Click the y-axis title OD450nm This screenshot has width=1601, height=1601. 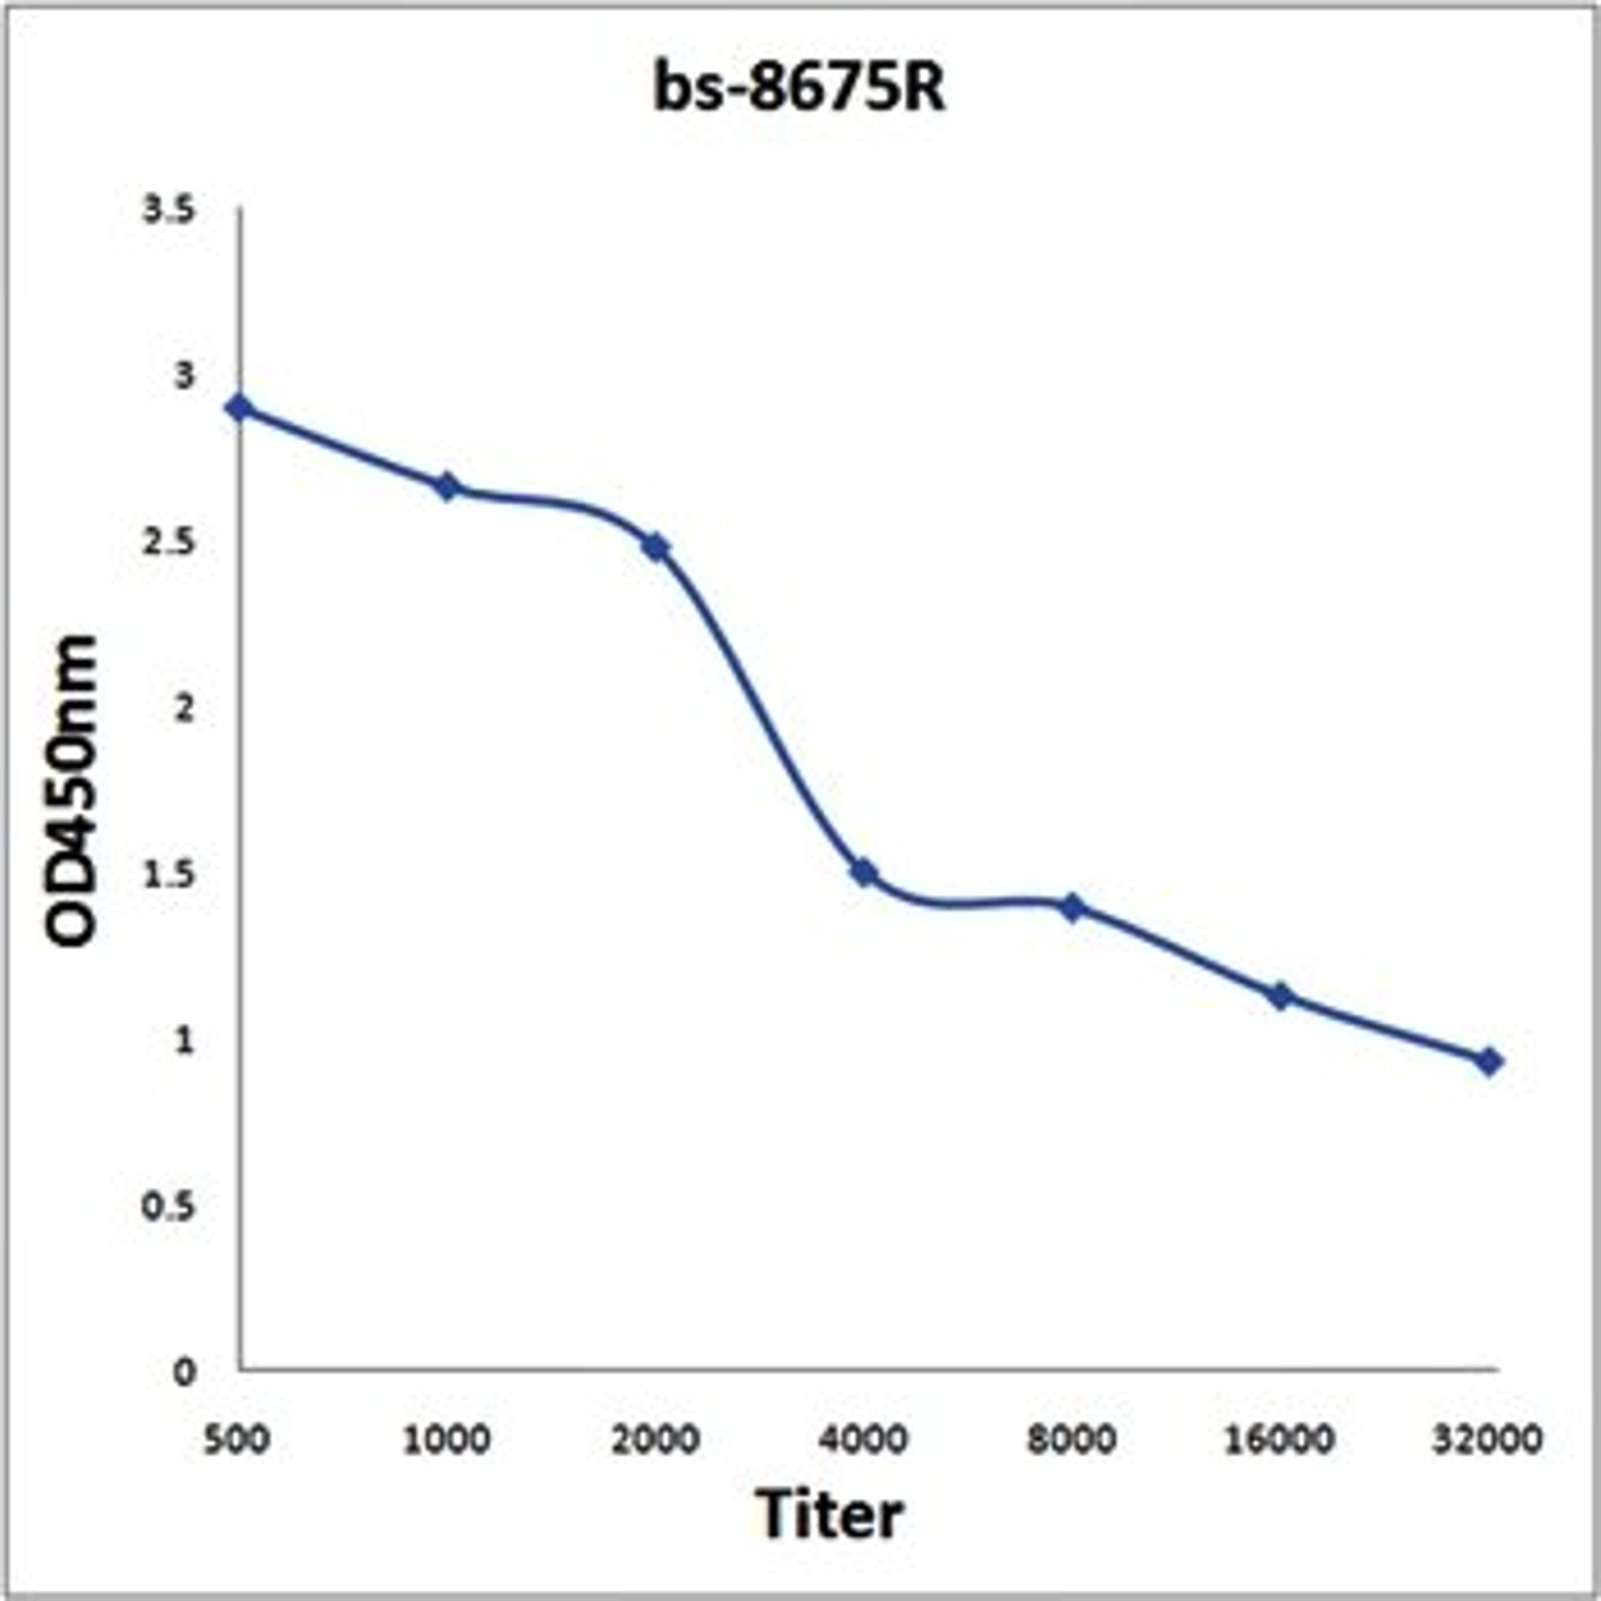pyautogui.click(x=73, y=791)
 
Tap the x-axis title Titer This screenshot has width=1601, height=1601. pyautogui.click(x=829, y=1513)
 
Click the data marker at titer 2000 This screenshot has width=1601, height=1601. pyautogui.click(x=656, y=547)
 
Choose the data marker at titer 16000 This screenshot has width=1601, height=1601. pyautogui.click(x=1281, y=995)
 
